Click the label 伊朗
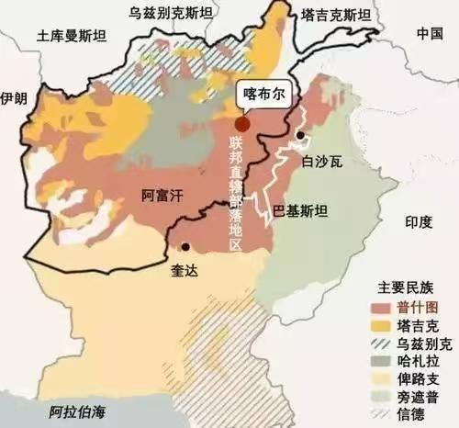tap(15, 98)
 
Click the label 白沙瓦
tap(320, 163)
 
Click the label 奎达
tap(184, 271)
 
